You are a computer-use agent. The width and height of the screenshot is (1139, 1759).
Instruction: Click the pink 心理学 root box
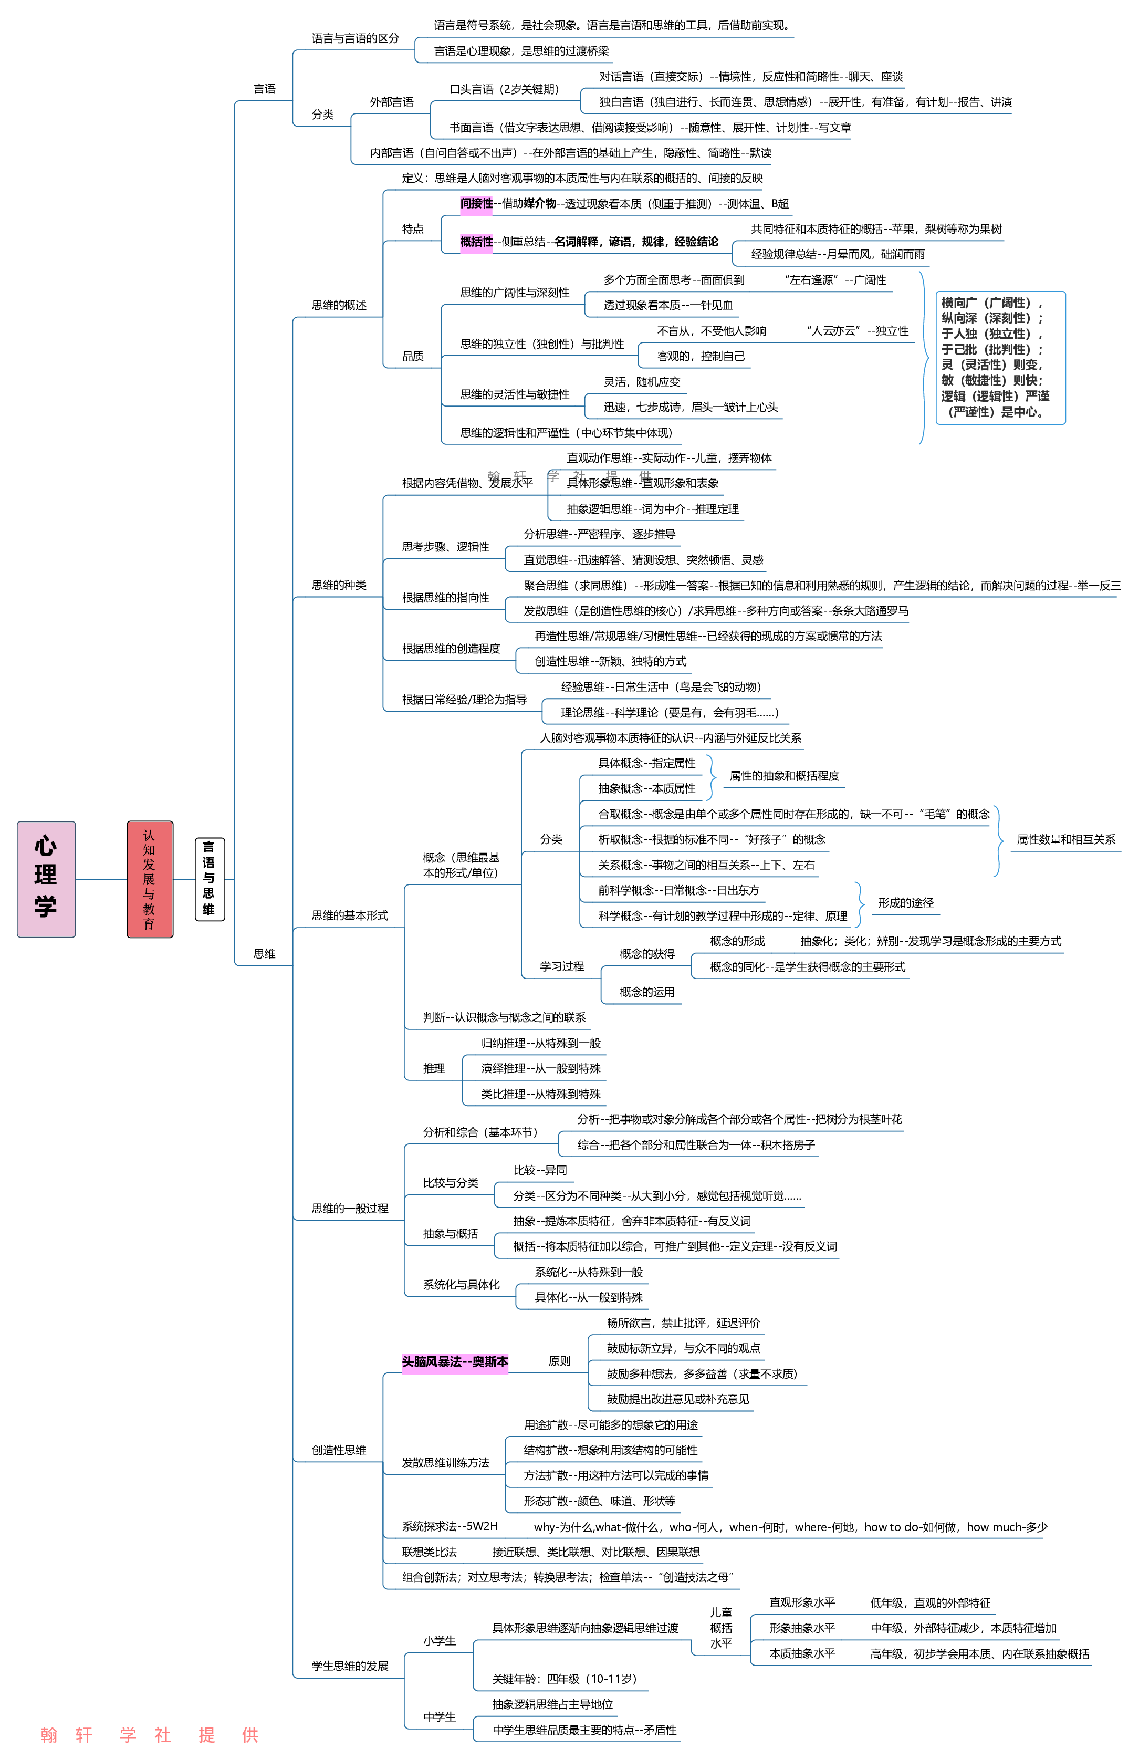(x=46, y=879)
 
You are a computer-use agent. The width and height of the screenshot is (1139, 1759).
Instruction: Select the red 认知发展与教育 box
(x=149, y=879)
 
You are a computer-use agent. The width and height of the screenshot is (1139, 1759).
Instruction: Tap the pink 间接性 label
(x=476, y=203)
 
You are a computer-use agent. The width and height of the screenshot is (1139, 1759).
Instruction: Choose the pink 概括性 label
(x=476, y=242)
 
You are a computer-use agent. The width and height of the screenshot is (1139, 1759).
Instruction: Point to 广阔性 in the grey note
(x=1009, y=303)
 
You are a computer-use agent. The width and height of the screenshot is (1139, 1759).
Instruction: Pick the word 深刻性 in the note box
(x=1009, y=318)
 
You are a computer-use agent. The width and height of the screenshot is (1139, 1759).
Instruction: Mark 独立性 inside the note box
(x=1009, y=334)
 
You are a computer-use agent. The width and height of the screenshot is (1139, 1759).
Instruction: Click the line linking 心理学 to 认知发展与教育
(x=101, y=879)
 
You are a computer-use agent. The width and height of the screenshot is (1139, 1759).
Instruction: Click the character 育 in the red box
(x=149, y=924)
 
